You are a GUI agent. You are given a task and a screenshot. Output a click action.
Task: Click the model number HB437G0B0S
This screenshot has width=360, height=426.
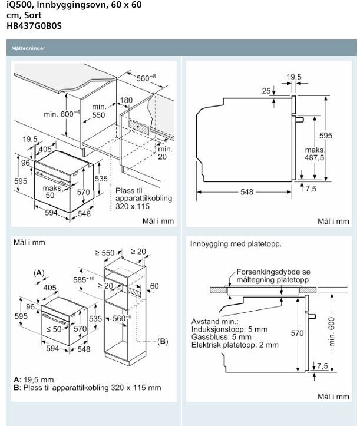pyautogui.click(x=34, y=26)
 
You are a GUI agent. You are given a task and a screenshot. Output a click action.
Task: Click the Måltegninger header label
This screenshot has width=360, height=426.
pyautogui.click(x=28, y=48)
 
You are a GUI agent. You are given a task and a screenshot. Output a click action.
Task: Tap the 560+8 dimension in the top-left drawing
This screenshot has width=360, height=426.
pyautogui.click(x=146, y=78)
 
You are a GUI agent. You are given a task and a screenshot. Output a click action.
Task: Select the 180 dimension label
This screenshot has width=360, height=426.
pyautogui.click(x=126, y=100)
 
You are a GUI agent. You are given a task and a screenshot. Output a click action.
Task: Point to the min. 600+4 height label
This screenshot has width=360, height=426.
pyautogui.click(x=62, y=114)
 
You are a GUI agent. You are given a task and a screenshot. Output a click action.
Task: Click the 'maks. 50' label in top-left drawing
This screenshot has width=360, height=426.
pyautogui.click(x=52, y=191)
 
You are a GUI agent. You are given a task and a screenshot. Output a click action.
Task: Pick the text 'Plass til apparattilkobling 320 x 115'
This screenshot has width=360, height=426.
pyautogui.click(x=144, y=199)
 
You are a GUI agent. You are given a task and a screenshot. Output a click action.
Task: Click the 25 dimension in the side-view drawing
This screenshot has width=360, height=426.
pyautogui.click(x=266, y=91)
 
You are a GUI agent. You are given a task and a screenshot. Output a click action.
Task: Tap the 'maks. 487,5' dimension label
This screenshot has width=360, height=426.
pyautogui.click(x=315, y=154)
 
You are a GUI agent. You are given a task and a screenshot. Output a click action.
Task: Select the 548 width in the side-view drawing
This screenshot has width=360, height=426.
pyautogui.click(x=247, y=192)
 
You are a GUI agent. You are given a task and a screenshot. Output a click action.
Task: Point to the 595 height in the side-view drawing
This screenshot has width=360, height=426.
pyautogui.click(x=325, y=136)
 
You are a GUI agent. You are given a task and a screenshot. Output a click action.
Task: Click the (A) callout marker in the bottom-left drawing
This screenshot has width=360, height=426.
pyautogui.click(x=39, y=273)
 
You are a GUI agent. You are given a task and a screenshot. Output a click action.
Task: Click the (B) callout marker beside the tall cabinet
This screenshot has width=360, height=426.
pyautogui.click(x=163, y=341)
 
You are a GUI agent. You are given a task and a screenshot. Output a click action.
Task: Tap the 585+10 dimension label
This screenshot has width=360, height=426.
pyautogui.click(x=84, y=279)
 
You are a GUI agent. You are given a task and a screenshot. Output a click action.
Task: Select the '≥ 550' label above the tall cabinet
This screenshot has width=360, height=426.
pyautogui.click(x=105, y=253)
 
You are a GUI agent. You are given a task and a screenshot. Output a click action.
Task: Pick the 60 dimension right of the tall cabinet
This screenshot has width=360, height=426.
pyautogui.click(x=154, y=286)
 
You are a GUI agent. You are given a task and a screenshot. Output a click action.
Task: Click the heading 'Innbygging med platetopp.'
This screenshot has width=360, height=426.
pyautogui.click(x=236, y=244)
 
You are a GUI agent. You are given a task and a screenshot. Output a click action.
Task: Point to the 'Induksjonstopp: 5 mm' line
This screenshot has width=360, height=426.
pyautogui.click(x=229, y=329)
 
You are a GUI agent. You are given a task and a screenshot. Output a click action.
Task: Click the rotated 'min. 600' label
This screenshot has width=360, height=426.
pyautogui.click(x=332, y=332)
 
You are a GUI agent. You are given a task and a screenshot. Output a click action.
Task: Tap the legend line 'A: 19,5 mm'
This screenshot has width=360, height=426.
pyautogui.click(x=34, y=379)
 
